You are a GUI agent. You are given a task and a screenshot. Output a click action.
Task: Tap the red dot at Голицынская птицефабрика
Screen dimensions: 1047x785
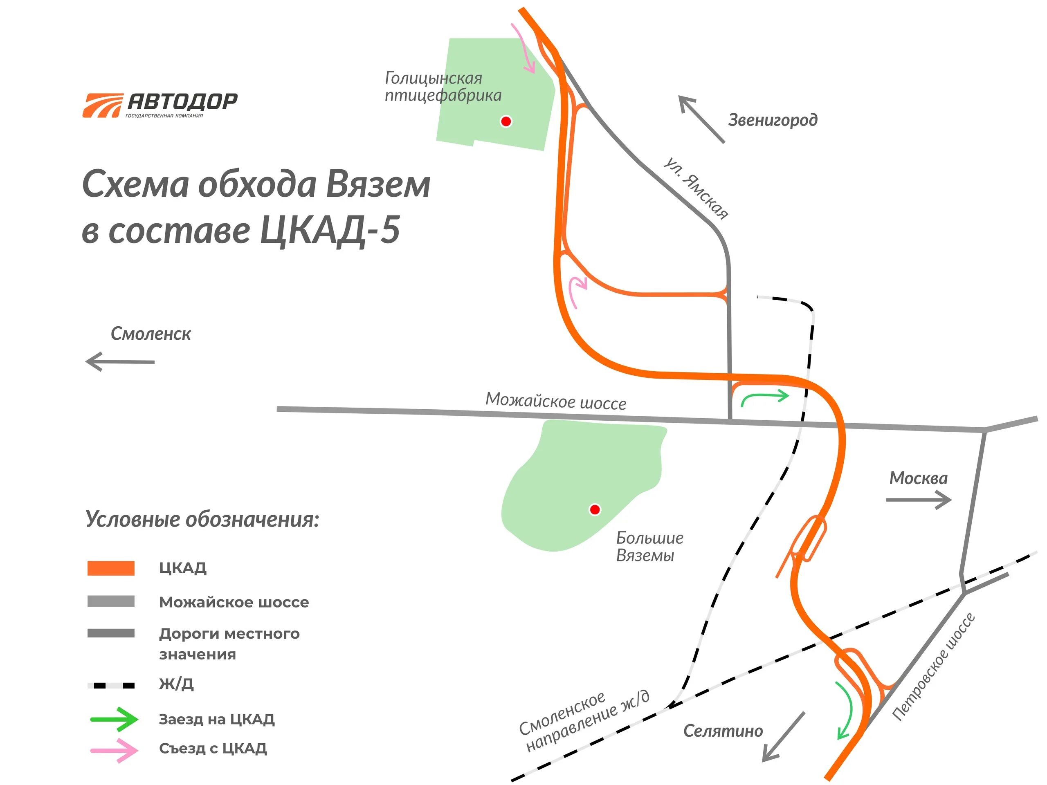506,121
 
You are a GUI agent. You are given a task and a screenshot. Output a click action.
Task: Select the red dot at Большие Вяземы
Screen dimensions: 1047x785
595,509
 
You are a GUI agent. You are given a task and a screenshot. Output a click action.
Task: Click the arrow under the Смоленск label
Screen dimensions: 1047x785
120,361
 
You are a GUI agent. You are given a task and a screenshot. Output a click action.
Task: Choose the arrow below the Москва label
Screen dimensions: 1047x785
918,500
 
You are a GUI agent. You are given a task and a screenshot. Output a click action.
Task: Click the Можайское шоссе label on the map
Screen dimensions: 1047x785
556,401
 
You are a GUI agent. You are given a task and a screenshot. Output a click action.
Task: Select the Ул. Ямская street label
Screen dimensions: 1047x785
695,189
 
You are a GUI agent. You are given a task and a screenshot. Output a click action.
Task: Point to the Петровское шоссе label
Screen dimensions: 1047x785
933,667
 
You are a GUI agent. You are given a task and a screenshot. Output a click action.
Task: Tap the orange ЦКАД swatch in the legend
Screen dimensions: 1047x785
111,568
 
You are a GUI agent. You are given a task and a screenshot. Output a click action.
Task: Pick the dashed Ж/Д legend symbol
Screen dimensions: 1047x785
111,685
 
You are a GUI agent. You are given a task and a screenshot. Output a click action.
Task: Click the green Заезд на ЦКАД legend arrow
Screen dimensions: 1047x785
114,719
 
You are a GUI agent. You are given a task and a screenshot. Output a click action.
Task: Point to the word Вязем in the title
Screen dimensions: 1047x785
378,184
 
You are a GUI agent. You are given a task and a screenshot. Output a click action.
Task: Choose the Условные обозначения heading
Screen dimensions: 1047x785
202,519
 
